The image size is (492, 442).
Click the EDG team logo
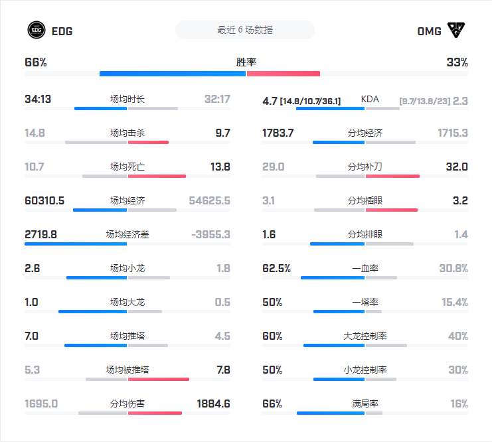point(36,30)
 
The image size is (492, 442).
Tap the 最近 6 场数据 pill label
point(244,30)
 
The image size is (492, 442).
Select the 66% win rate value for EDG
point(36,62)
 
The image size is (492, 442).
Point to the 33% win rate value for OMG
point(457,62)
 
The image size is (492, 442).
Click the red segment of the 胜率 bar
point(284,74)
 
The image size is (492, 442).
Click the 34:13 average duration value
point(38,100)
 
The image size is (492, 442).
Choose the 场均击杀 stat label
point(127,133)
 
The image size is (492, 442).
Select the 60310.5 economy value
point(44,200)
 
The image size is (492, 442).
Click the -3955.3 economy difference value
point(210,234)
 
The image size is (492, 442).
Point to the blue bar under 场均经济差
point(76,244)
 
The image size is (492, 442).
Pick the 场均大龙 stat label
point(127,303)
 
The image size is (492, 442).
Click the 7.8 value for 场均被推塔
point(223,370)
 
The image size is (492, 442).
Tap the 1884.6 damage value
point(214,404)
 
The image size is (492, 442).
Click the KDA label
point(370,100)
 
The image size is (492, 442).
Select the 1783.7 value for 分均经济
point(278,133)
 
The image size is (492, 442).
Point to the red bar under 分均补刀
point(392,176)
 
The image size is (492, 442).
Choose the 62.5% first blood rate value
point(276,269)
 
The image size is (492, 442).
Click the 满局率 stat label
point(365,404)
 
